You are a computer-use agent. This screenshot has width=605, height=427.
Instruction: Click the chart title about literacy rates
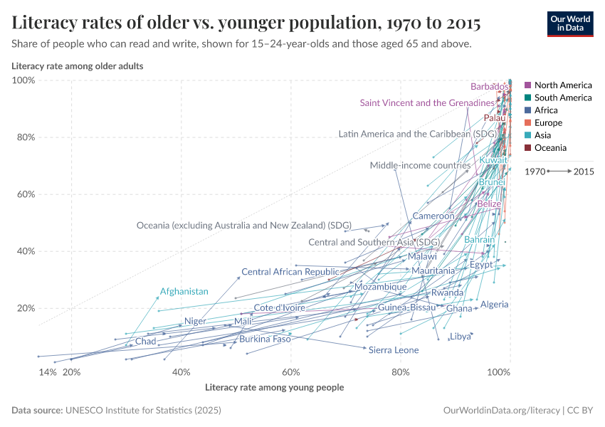pyautogui.click(x=246, y=23)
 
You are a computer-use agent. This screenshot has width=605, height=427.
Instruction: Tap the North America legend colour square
pyautogui.click(x=527, y=85)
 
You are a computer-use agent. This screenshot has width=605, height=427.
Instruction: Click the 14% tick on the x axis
pyautogui.click(x=47, y=372)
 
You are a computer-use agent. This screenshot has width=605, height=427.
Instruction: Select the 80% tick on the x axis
pyautogui.click(x=401, y=372)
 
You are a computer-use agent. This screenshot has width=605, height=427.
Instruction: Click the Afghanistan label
pyautogui.click(x=184, y=292)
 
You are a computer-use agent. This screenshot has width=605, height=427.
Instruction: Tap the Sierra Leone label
pyautogui.click(x=393, y=350)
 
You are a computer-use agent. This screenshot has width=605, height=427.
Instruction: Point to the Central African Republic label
pyautogui.click(x=290, y=272)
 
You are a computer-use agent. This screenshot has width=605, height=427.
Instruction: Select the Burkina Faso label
pyautogui.click(x=265, y=339)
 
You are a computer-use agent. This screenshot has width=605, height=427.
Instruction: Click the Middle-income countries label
pyautogui.click(x=420, y=166)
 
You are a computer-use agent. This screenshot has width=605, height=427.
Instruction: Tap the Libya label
pyautogui.click(x=460, y=337)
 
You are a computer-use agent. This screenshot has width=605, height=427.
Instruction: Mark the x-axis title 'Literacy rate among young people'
pyautogui.click(x=274, y=388)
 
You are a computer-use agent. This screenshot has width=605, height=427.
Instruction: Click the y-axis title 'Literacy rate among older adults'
pyautogui.click(x=78, y=66)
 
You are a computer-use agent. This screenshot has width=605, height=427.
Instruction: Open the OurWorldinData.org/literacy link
pyautogui.click(x=502, y=411)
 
